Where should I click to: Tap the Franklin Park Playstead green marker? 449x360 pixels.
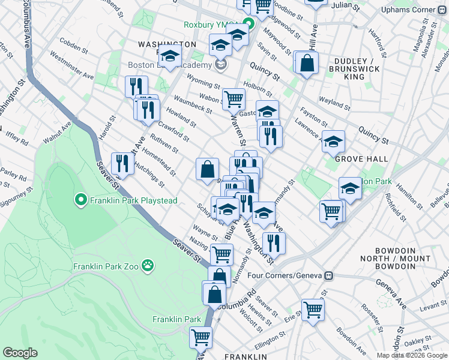click(80, 200)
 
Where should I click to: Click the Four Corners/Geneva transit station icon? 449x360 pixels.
click(328, 275)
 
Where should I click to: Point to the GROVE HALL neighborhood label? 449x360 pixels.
click(361, 159)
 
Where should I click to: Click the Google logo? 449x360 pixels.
click(20, 353)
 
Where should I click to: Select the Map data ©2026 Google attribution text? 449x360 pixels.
click(411, 355)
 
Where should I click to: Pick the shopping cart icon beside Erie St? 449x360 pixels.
click(313, 310)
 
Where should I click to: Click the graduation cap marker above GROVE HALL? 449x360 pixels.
click(333, 142)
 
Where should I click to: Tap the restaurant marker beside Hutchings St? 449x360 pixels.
click(122, 163)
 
